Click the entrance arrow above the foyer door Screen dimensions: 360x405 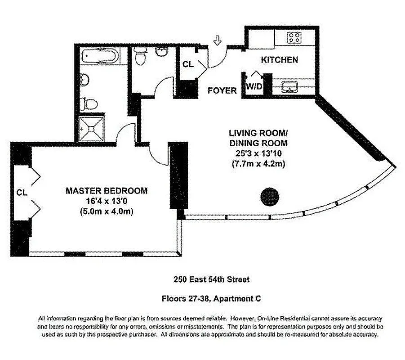click(218, 41)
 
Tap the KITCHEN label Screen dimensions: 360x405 click(280, 59)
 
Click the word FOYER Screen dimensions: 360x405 click(222, 90)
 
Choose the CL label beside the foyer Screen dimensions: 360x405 click(188, 64)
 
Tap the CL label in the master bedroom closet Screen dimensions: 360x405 click(22, 192)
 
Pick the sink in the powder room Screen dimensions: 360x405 click(160, 53)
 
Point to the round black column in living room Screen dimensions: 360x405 click(270, 196)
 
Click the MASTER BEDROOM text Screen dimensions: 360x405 click(107, 191)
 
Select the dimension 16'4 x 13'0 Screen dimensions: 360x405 click(107, 201)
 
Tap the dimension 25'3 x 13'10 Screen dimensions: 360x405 click(258, 154)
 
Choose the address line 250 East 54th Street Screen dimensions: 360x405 click(211, 279)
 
